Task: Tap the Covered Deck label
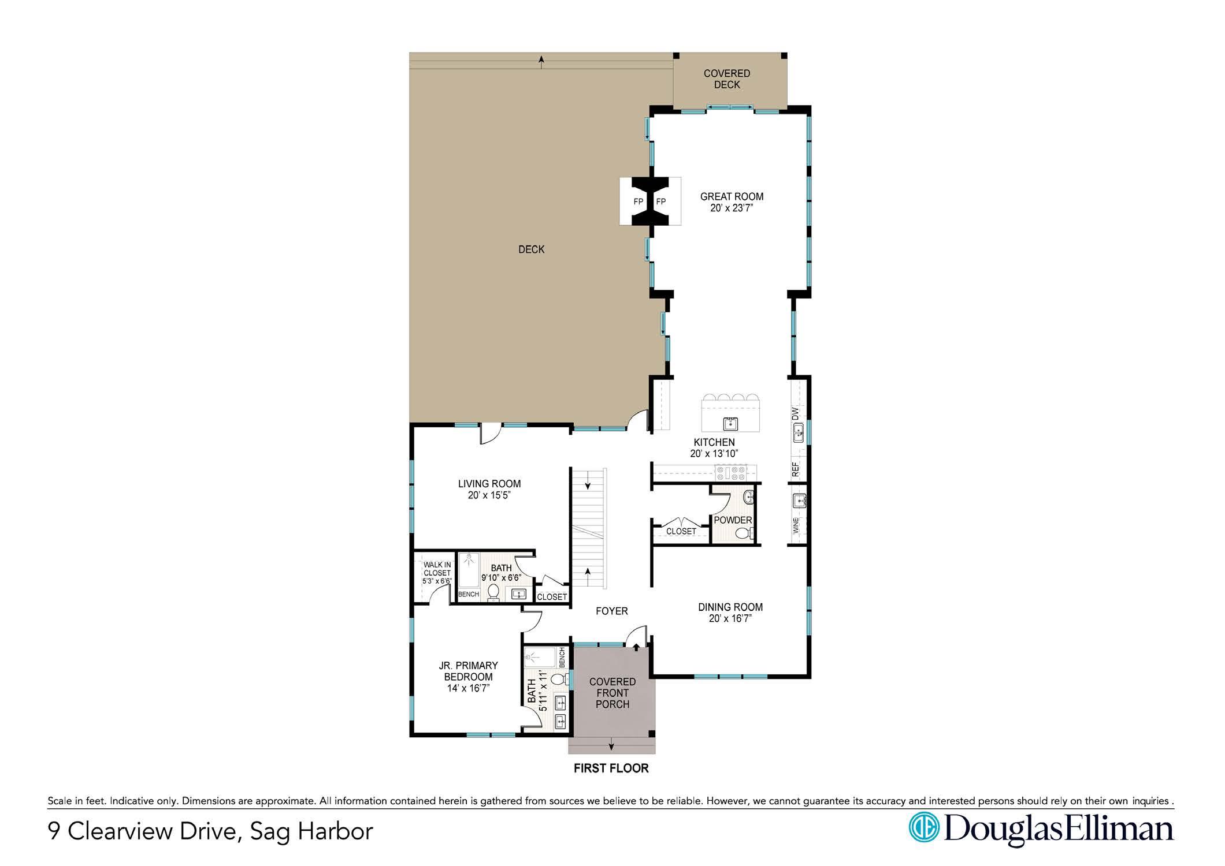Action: pyautogui.click(x=727, y=79)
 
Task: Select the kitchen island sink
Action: pyautogui.click(x=731, y=424)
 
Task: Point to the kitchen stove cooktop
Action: pyautogui.click(x=730, y=473)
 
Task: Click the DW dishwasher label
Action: pyautogui.click(x=795, y=413)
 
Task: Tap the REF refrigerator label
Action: pyautogui.click(x=795, y=469)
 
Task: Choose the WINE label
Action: pyautogui.click(x=796, y=525)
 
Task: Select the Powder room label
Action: pyautogui.click(x=733, y=520)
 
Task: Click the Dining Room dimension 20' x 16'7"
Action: pyautogui.click(x=730, y=618)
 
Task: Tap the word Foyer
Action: pyautogui.click(x=612, y=611)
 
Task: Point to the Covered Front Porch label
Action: pyautogui.click(x=612, y=693)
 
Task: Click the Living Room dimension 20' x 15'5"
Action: pyautogui.click(x=489, y=495)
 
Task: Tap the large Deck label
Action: pyautogui.click(x=531, y=249)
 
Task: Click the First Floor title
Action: pyautogui.click(x=611, y=768)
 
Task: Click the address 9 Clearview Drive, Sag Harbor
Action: pyautogui.click(x=211, y=832)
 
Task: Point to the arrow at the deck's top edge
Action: pyautogui.click(x=541, y=62)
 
